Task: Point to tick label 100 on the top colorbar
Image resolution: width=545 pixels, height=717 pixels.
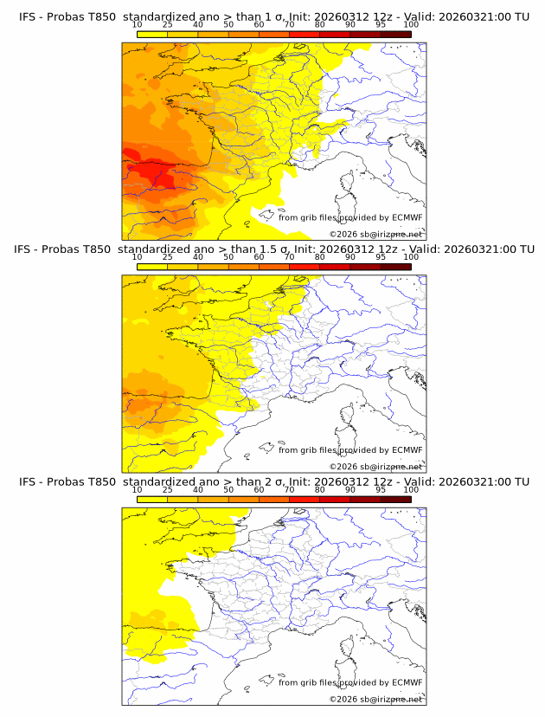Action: click(411, 25)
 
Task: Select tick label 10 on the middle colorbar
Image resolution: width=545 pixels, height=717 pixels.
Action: click(137, 257)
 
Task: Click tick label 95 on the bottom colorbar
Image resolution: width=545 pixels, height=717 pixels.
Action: click(381, 489)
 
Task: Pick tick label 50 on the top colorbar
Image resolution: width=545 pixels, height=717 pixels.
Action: click(228, 25)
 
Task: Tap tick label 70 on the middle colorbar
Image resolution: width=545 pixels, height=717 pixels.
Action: click(289, 257)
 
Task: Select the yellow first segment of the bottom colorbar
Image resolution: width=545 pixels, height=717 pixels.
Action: click(151, 499)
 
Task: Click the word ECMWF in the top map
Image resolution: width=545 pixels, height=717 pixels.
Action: click(407, 217)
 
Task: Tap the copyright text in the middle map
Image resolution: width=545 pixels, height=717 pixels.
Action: click(375, 467)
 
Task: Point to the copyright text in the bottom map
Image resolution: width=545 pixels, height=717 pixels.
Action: click(375, 699)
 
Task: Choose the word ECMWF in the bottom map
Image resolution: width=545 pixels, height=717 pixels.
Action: click(407, 682)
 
